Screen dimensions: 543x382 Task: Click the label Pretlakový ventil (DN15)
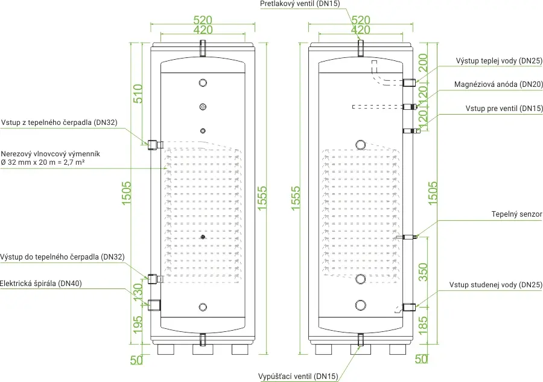point(300,4)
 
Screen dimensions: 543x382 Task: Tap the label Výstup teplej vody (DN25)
point(499,61)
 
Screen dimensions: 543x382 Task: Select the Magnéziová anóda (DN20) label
point(498,84)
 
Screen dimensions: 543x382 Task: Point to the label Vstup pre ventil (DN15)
point(504,109)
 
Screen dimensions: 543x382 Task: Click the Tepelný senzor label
point(516,214)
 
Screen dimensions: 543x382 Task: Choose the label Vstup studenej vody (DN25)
point(495,285)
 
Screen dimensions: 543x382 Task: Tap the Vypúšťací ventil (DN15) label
point(298,377)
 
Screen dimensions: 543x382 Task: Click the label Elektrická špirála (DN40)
point(41,283)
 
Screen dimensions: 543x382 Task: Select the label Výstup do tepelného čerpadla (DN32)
point(62,257)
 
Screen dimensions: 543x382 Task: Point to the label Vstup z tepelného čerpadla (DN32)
point(59,123)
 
